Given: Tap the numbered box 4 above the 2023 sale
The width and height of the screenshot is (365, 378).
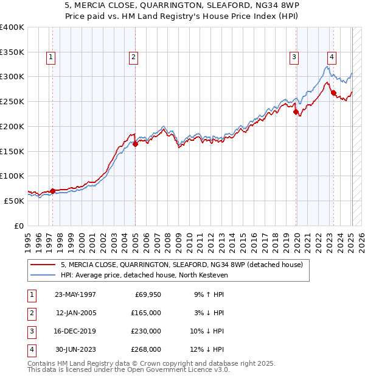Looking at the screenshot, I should pyautogui.click(x=332, y=58).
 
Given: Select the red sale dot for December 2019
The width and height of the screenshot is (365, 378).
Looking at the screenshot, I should pyautogui.click(x=296, y=112).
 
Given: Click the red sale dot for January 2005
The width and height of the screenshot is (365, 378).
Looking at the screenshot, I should pyautogui.click(x=135, y=144).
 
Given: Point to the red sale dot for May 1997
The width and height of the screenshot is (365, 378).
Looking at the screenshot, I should pyautogui.click(x=53, y=191).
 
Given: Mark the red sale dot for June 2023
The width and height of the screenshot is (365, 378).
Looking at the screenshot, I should pyautogui.click(x=333, y=93).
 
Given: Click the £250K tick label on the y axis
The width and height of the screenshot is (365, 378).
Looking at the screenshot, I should pyautogui.click(x=12, y=101).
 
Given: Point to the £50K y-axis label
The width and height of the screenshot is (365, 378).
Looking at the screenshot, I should pyautogui.click(x=13, y=201).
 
